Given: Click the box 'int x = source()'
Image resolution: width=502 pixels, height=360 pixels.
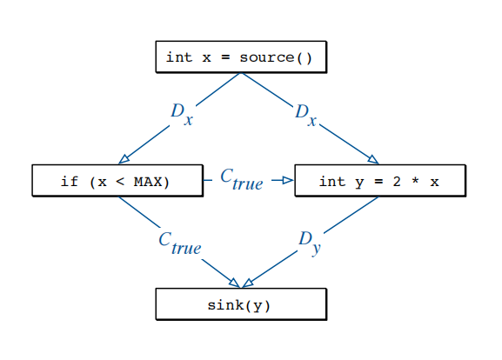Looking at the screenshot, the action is pos(241,57).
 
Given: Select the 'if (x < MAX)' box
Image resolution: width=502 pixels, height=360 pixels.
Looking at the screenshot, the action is pos(117,181).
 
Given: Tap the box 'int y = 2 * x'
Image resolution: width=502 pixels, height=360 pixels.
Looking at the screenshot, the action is pos(380,181).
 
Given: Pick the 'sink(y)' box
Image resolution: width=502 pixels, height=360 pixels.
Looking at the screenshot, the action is pos(241,304).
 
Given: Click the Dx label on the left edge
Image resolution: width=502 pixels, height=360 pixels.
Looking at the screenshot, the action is pos(182,114).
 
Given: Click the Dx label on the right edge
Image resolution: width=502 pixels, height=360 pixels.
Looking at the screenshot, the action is pos(305,115).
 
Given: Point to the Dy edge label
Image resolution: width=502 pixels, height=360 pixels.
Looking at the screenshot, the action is pos(309,243).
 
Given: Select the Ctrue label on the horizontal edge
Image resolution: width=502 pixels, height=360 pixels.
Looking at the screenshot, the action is pos(242,179).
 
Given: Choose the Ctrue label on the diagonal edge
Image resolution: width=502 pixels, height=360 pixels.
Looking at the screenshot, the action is pos(180,243).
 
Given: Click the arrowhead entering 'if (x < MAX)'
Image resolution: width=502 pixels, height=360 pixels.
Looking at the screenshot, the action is pos(124,159).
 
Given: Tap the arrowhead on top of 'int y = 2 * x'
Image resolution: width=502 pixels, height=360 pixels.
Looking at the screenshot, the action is pos(373,159).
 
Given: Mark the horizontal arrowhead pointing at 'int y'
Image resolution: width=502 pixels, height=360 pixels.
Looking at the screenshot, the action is pos(288,181).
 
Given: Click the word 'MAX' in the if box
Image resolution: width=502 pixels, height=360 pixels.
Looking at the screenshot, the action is pos(148,182).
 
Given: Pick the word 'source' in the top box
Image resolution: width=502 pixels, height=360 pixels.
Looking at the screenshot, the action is pos(267,57).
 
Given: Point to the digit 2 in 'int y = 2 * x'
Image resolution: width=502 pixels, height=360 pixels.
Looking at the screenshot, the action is pos(397,182).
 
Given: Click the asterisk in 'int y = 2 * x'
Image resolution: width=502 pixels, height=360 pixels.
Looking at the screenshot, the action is pos(415,181).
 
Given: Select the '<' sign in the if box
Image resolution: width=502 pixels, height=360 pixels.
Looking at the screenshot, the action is pos(120,182).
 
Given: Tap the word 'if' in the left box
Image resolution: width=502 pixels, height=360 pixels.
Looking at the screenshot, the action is pos(70,182).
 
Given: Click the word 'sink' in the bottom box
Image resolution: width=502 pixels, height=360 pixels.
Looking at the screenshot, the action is pos(225,304).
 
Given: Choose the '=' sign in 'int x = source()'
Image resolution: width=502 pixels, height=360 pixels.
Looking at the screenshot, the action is pos(225,57).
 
